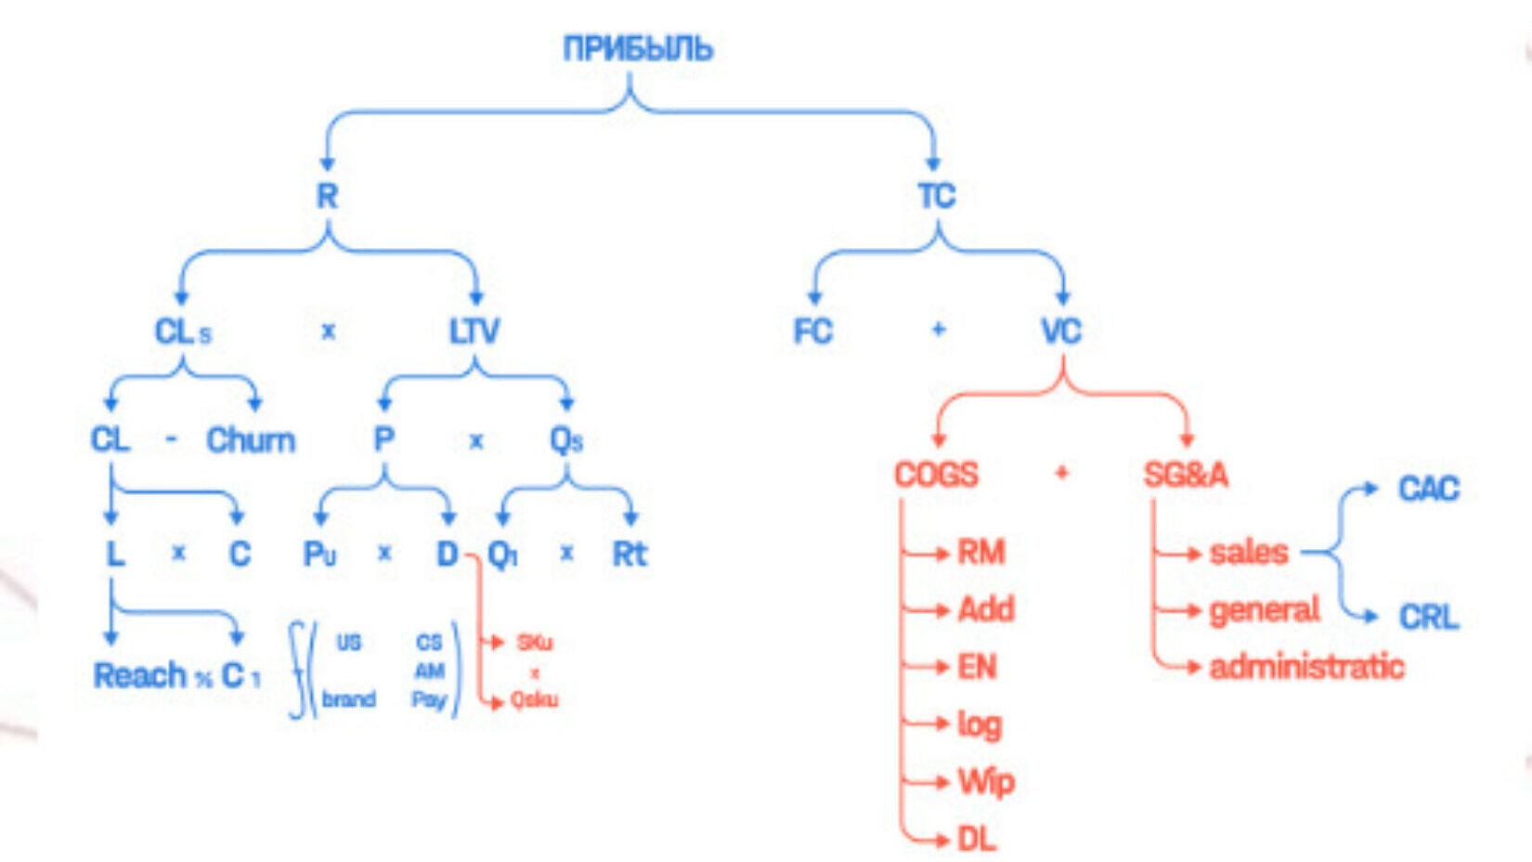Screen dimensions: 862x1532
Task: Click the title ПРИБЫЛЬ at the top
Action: (x=638, y=48)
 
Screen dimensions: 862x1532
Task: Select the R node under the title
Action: (x=327, y=196)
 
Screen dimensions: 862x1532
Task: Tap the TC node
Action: (x=936, y=196)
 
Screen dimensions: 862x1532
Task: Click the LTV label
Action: (x=474, y=331)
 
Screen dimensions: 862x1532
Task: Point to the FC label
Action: (x=812, y=331)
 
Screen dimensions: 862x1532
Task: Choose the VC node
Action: (x=1061, y=331)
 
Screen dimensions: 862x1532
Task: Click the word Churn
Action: (x=251, y=439)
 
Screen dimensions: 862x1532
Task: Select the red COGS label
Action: (x=936, y=475)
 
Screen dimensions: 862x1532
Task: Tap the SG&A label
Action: (x=1186, y=475)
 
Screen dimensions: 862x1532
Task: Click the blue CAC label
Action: (x=1429, y=489)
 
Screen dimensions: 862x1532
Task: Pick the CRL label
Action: (x=1429, y=617)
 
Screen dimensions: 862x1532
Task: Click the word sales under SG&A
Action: (x=1249, y=553)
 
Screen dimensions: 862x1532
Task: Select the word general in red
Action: (x=1264, y=610)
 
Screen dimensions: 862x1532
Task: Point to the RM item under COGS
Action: (x=981, y=553)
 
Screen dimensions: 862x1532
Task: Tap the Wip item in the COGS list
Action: (x=986, y=782)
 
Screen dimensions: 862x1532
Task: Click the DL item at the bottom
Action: (x=977, y=840)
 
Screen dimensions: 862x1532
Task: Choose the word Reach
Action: (x=139, y=675)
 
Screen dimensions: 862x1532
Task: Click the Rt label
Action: (x=630, y=555)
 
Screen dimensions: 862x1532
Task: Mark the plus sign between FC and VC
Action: (x=938, y=330)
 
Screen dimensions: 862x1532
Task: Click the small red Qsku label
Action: (x=534, y=699)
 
